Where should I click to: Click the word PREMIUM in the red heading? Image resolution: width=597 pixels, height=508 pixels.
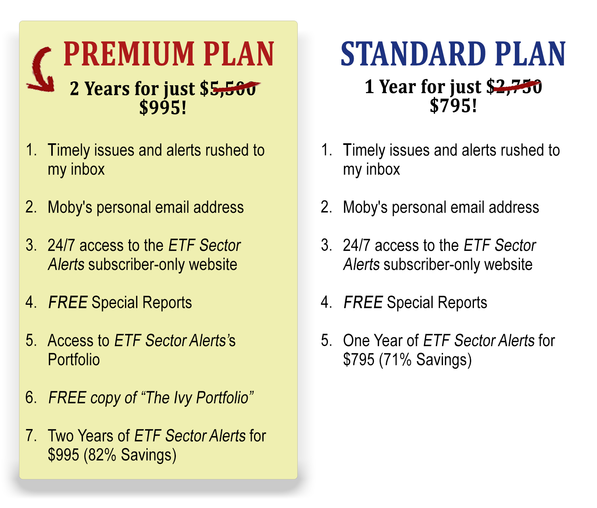click(x=129, y=54)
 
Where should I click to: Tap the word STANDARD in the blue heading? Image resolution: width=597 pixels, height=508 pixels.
click(x=414, y=54)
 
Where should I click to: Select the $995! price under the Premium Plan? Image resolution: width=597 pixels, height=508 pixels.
click(x=163, y=108)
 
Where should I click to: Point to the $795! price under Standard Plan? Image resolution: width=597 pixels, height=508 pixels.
click(x=453, y=106)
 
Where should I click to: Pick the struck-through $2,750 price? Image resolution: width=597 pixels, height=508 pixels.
click(x=514, y=87)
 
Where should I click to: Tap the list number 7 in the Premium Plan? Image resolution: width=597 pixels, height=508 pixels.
click(x=31, y=435)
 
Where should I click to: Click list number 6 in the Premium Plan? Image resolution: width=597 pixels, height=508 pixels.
click(x=31, y=398)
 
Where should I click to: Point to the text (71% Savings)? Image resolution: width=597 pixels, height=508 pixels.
click(x=425, y=360)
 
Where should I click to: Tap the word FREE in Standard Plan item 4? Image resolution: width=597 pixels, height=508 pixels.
click(x=363, y=303)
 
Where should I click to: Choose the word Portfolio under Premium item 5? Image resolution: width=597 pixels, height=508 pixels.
click(x=74, y=360)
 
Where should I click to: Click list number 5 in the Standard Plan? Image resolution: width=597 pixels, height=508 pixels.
click(x=326, y=341)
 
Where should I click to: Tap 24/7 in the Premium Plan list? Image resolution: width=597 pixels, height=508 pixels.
click(x=61, y=246)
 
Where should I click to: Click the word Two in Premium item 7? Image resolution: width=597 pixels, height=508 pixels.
click(x=61, y=436)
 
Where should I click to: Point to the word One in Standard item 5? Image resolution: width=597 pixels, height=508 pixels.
click(x=356, y=341)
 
